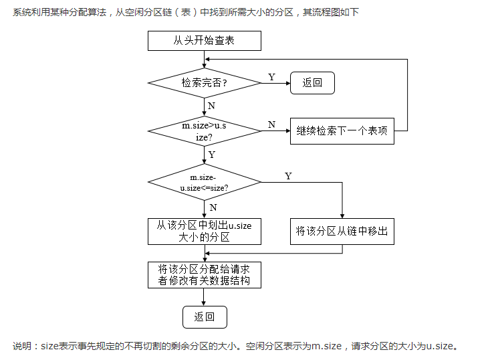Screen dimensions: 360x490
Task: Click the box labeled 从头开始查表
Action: click(x=204, y=40)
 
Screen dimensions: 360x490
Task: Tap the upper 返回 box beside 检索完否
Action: click(x=312, y=82)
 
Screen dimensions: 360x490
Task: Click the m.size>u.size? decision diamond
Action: click(x=204, y=130)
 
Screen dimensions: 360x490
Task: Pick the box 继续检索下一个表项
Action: click(x=342, y=130)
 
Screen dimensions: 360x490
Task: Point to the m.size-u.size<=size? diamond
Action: click(x=204, y=182)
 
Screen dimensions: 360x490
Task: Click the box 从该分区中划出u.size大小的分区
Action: click(x=204, y=232)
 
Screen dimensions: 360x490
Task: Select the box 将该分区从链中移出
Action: click(x=342, y=232)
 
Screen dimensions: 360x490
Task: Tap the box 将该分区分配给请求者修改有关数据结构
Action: click(x=204, y=275)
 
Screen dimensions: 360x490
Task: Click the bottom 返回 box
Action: click(x=205, y=317)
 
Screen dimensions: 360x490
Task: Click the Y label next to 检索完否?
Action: click(x=271, y=77)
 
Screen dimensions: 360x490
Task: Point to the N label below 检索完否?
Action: click(x=211, y=106)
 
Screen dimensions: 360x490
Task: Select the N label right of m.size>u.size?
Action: click(x=271, y=124)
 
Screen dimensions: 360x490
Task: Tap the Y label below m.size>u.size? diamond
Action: click(x=212, y=155)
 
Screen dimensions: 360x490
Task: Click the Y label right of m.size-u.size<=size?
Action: click(x=288, y=176)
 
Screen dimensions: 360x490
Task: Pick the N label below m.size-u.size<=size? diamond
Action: click(x=213, y=207)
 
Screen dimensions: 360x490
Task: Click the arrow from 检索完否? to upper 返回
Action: click(x=275, y=83)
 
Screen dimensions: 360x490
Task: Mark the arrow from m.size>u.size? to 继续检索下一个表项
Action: click(x=275, y=130)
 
